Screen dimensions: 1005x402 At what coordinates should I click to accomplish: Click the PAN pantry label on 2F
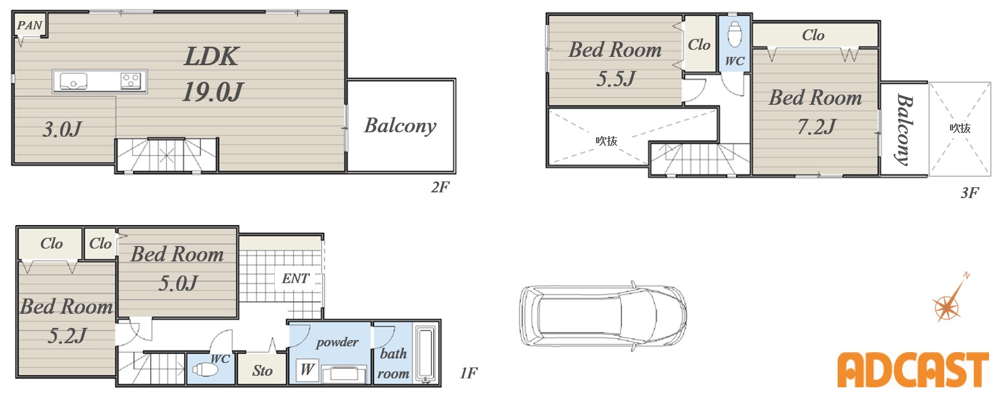click(29, 25)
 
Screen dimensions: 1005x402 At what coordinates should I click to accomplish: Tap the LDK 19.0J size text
click(213, 92)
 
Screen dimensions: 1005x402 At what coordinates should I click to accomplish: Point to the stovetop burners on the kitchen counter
click(130, 81)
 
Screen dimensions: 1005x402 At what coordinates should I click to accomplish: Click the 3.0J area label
click(63, 129)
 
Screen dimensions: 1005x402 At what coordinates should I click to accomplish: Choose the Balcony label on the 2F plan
click(400, 126)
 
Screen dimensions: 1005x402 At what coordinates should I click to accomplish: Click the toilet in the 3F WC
click(735, 33)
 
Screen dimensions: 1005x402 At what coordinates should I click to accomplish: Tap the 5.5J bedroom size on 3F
click(615, 79)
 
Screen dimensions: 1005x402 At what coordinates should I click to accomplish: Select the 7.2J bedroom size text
click(816, 127)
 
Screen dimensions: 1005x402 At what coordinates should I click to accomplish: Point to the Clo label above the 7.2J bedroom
click(813, 35)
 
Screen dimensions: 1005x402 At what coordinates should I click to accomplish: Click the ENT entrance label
click(296, 279)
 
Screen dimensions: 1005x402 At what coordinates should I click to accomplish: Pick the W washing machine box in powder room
click(307, 369)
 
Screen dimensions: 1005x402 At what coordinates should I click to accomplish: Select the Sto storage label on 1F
click(262, 371)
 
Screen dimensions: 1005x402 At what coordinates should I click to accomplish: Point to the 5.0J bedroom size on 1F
click(178, 283)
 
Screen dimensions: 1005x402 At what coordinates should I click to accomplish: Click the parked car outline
click(603, 316)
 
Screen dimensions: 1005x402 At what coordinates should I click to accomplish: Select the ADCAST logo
click(913, 369)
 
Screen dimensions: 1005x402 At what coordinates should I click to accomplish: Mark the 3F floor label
click(969, 193)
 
